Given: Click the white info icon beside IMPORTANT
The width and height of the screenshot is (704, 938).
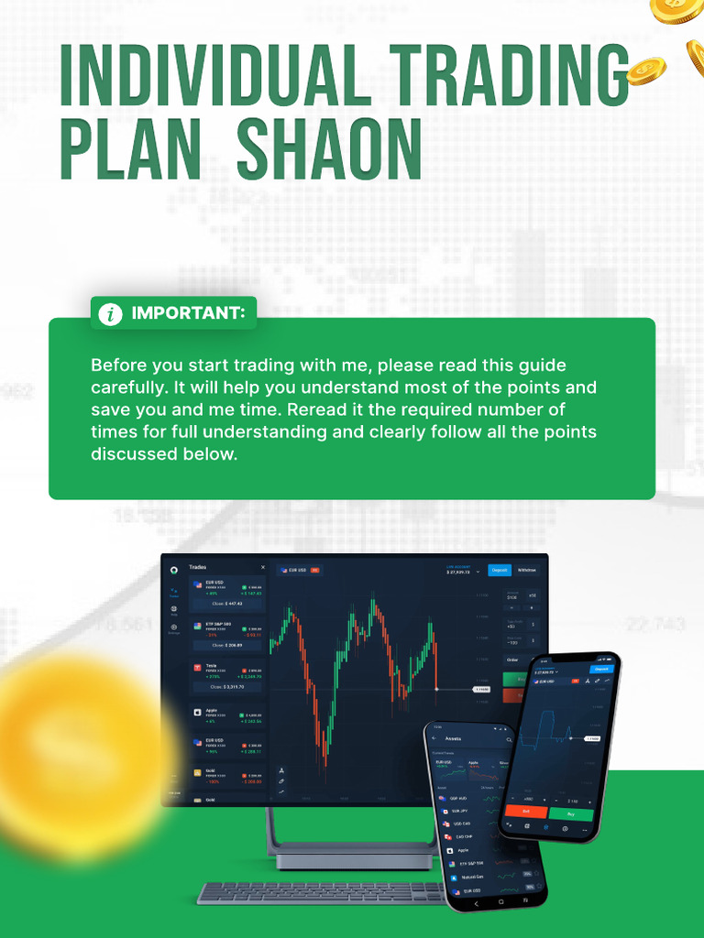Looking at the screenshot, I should pos(110,314).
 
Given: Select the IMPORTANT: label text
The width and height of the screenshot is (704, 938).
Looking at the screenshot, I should pos(188,313).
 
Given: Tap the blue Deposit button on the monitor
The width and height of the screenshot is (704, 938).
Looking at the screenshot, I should pos(500,570).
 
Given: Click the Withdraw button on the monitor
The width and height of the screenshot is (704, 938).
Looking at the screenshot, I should pos(527,570).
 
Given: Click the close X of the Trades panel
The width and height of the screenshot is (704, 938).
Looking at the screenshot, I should pos(263,568).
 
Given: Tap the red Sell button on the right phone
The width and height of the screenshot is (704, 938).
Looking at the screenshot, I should pos(526,811).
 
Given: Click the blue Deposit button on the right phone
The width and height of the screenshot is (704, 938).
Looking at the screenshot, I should pos(601,669).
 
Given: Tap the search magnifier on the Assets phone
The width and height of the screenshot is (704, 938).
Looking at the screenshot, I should pos(509,738).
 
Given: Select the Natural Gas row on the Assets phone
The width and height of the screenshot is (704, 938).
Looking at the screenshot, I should pos(475,877).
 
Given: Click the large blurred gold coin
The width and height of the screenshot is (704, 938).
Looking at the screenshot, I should pos(78,751).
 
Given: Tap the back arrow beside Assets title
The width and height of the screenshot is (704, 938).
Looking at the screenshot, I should pos(434,738).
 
